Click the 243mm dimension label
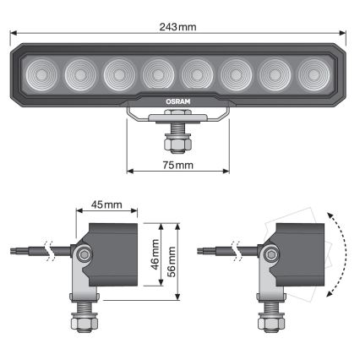(178, 26)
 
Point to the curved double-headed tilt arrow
(337, 254)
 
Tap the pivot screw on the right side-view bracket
(270, 254)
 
